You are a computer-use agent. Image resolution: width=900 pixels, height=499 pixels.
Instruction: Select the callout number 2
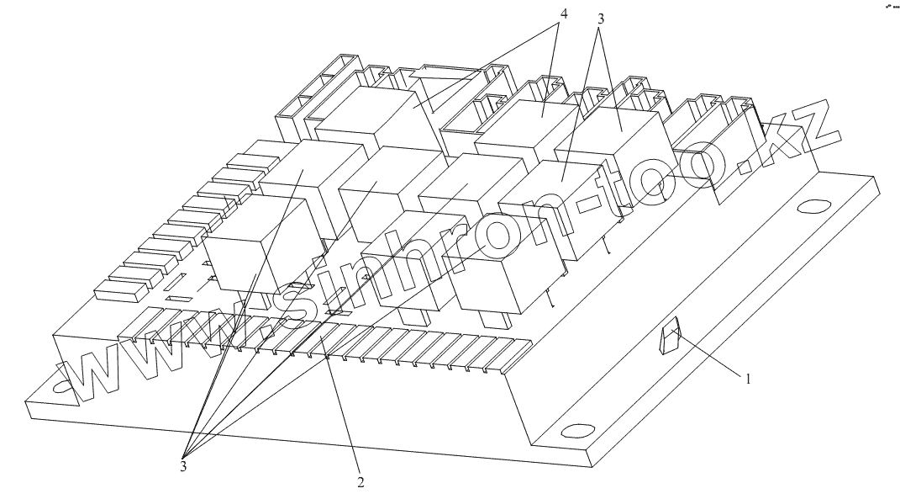360,483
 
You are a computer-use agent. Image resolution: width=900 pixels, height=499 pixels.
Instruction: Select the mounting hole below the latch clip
577,433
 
